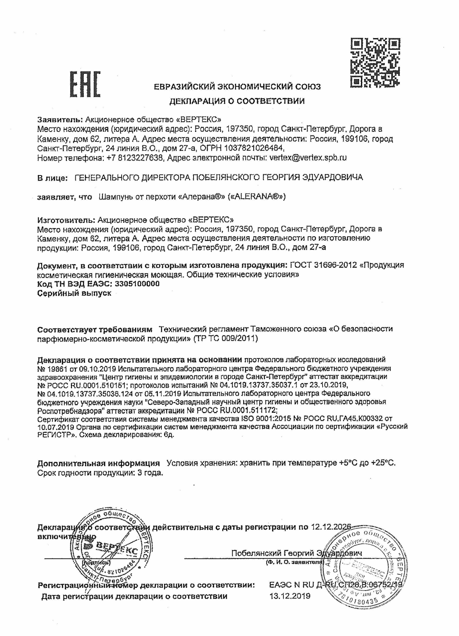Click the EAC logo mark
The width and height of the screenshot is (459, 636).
pyautogui.click(x=85, y=84)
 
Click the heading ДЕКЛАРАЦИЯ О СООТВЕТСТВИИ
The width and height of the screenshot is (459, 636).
pyautogui.click(x=237, y=101)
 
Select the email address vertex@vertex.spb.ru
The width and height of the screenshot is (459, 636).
pyautogui.click(x=308, y=157)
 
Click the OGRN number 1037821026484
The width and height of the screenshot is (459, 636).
pyautogui.click(x=254, y=148)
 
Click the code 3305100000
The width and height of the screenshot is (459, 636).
pyautogui.click(x=136, y=284)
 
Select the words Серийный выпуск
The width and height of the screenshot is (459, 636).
pyautogui.click(x=74, y=293)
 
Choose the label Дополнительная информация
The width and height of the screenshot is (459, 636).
pyautogui.click(x=98, y=463)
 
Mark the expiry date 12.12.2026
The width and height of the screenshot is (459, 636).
pyautogui.click(x=331, y=527)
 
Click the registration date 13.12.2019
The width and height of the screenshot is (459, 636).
pyautogui.click(x=290, y=595)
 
